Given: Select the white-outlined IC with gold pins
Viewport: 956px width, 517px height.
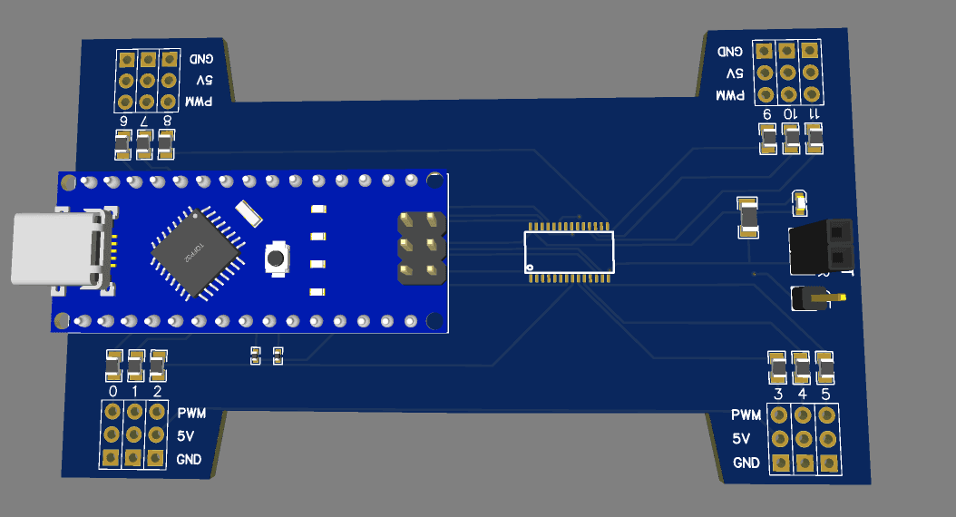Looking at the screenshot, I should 569,251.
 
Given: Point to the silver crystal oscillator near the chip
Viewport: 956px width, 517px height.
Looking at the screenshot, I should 248,213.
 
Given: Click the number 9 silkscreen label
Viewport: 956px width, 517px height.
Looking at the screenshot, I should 766,114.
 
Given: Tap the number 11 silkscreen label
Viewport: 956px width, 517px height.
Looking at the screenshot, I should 814,114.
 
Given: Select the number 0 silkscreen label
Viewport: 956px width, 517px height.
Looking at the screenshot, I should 112,391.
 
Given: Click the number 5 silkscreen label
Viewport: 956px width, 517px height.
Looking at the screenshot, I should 825,394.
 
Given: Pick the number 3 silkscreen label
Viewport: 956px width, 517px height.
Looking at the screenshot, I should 778,394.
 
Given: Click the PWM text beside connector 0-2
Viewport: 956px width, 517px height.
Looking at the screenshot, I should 191,413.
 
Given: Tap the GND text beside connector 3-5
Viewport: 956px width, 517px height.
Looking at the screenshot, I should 746,463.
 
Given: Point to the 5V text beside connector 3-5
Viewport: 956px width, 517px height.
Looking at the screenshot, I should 741,439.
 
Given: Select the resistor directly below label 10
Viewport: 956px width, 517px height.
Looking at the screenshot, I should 791,139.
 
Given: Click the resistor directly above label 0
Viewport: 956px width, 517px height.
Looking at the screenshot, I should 113,365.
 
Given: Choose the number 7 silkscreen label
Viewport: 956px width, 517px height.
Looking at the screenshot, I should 142,120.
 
